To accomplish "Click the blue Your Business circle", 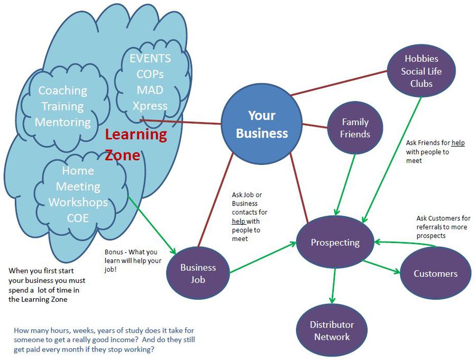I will (261, 125).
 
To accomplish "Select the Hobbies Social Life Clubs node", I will (421, 71).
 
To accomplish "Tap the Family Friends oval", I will (354, 128).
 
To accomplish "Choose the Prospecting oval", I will (335, 242).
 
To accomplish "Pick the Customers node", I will (435, 273).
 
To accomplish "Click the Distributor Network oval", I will (332, 330).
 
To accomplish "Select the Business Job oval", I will (198, 273).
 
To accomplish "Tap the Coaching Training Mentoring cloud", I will (63, 106).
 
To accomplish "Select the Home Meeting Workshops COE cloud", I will (78, 194).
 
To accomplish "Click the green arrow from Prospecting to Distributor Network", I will (334, 285).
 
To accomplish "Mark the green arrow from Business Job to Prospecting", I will (263, 258).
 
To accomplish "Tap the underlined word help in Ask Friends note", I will (457, 143).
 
